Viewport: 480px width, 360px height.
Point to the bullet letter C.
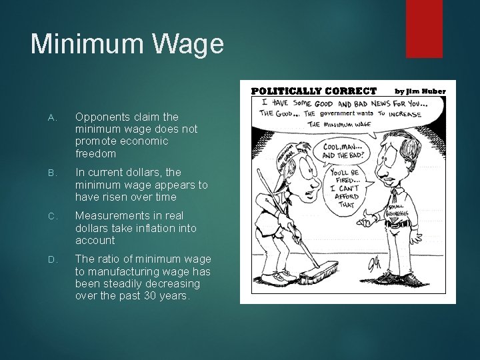(54, 215)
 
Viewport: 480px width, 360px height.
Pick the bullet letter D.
(54, 259)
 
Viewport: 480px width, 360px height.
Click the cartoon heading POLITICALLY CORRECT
(313, 91)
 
